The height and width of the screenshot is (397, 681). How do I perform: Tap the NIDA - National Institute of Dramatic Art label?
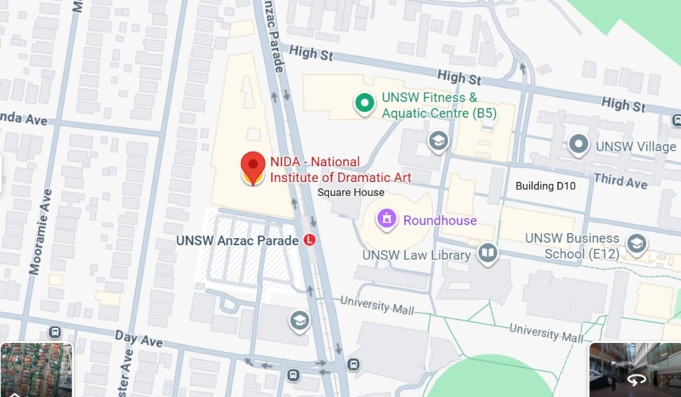pos(340,170)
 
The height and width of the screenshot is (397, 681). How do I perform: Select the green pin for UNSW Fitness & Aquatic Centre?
pos(364,103)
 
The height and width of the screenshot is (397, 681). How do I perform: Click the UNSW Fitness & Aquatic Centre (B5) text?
pos(438,105)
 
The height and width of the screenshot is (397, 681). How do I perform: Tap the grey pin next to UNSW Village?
pos(579,145)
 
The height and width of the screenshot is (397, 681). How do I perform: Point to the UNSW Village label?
pos(636,146)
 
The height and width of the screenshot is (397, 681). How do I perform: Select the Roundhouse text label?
pos(440,220)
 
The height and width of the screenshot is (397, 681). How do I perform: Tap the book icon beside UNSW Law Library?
pos(488,253)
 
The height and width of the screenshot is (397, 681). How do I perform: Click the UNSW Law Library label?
pos(417,255)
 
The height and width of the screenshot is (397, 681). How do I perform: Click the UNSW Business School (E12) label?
pos(572,245)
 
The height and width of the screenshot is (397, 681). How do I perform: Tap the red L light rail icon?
pos(309,240)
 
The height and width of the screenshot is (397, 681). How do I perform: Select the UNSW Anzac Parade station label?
pos(237,240)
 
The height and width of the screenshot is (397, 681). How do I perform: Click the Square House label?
pos(350,192)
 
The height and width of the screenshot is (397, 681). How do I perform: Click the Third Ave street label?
pos(620,180)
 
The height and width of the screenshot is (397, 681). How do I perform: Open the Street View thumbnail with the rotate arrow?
pos(634,370)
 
